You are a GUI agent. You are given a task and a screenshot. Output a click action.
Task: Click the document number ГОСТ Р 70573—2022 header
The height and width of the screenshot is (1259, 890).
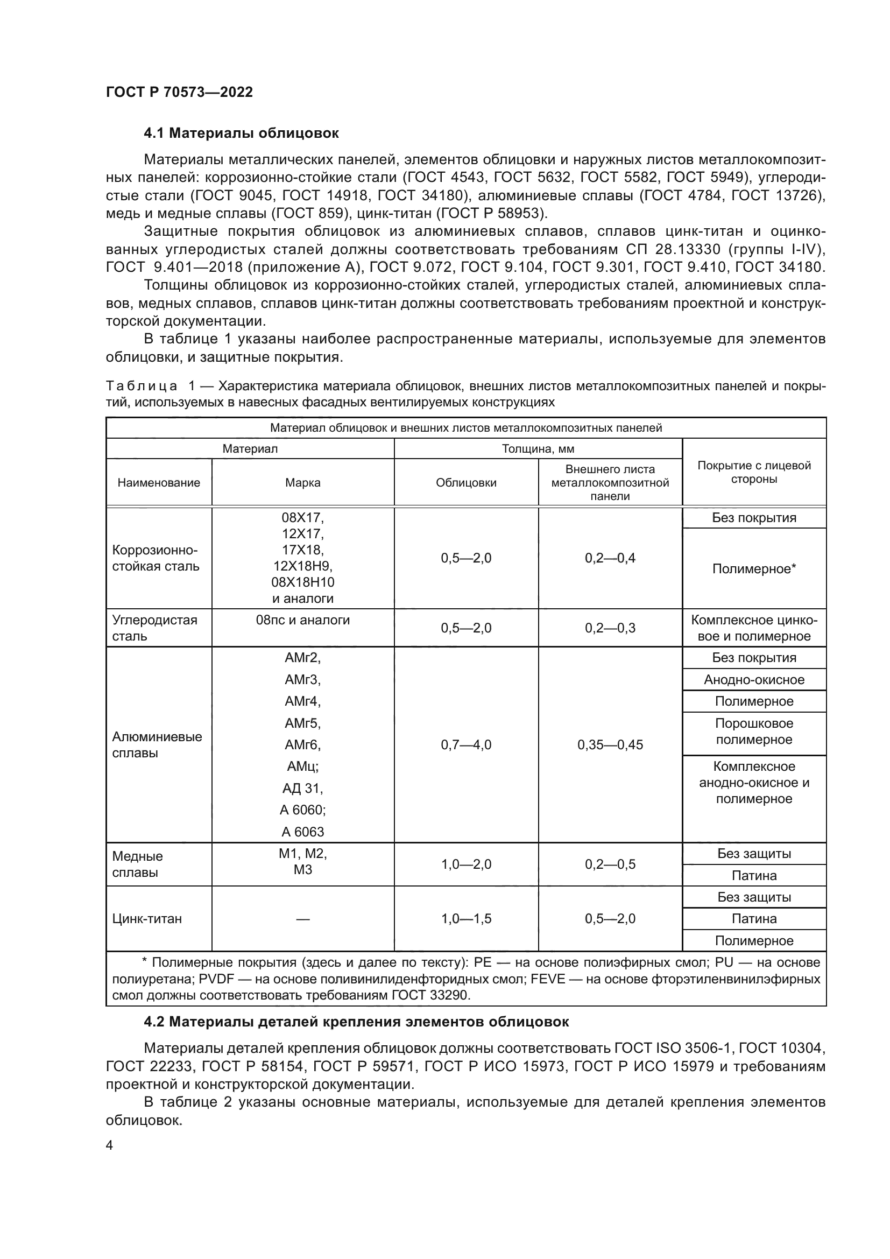179,92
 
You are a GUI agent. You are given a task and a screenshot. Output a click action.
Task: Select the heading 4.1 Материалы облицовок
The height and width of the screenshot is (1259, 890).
241,133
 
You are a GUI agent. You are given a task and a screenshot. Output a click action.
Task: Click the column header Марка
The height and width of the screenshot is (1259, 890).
302,482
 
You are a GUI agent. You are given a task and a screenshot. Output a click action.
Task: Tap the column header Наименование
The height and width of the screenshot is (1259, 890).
159,482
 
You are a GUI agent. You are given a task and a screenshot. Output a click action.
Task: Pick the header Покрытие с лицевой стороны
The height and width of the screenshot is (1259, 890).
754,472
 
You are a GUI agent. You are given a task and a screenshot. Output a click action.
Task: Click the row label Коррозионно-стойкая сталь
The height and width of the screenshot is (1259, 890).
156,558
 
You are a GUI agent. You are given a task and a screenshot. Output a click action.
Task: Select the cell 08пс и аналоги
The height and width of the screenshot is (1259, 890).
302,620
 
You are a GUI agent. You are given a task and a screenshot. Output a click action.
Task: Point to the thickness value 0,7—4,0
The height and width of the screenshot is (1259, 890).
466,744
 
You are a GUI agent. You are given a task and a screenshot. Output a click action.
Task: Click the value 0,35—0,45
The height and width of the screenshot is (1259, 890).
610,744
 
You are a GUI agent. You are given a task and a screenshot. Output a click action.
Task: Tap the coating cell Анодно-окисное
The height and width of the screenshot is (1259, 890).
754,680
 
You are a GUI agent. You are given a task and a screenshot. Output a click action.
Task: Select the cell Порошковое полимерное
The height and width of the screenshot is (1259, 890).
754,732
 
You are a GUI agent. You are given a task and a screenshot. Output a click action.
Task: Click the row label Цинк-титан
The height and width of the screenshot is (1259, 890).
147,918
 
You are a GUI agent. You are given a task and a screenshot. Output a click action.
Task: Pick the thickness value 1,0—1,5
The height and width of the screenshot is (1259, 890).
466,918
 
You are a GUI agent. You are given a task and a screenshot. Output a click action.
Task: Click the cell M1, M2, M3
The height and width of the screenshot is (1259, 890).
302,861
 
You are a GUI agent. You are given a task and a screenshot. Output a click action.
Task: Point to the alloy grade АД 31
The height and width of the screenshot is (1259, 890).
302,788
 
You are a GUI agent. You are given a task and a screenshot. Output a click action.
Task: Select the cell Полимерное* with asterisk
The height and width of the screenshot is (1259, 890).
754,568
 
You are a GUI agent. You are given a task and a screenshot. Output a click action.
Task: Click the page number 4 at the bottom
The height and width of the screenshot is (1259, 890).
110,1145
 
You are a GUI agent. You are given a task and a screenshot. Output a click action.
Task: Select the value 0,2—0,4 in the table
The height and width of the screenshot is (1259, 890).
610,558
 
